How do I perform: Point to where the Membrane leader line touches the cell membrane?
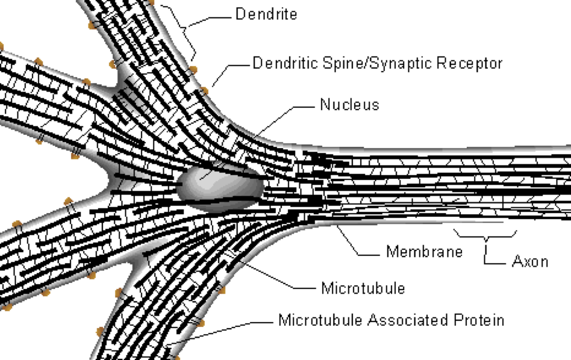pos(337,225)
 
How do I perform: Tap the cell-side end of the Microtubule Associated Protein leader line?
pos(166,344)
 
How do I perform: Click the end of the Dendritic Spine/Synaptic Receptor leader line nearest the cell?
pos(212,86)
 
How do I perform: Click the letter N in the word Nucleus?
pos(325,105)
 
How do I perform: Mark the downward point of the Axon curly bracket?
pos(486,241)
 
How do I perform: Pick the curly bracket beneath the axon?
pos(485,235)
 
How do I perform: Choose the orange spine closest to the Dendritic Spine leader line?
pos(204,91)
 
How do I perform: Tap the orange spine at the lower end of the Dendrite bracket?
pos(193,69)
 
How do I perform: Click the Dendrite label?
pos(266,14)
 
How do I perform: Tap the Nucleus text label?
pos(349,105)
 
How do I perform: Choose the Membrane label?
pos(424,252)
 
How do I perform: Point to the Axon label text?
pos(530,261)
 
